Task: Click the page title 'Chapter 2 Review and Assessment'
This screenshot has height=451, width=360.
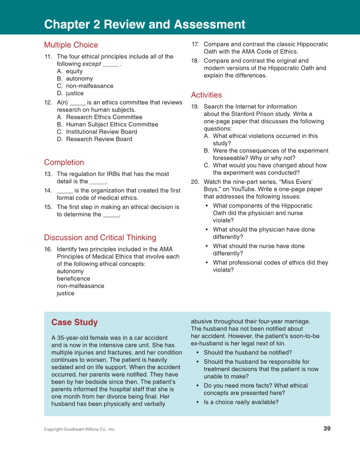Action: click(144, 24)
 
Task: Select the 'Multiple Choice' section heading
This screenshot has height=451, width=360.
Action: click(71, 45)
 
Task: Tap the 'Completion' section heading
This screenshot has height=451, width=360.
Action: click(64, 162)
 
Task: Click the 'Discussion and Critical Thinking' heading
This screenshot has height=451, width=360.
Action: click(100, 238)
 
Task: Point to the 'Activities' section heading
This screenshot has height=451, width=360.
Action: click(206, 95)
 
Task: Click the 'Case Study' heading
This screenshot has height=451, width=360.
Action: click(75, 322)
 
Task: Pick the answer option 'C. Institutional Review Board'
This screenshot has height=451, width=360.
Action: click(97, 132)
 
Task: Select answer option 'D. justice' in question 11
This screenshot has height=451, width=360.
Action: click(70, 93)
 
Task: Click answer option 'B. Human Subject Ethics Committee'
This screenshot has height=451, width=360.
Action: click(107, 124)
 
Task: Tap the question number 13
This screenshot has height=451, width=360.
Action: click(48, 174)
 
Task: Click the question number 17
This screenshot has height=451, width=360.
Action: click(195, 45)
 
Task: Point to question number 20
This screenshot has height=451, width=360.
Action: click(195, 182)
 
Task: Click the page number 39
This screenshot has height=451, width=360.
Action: click(326, 429)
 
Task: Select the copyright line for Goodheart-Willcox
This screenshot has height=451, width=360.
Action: click(79, 429)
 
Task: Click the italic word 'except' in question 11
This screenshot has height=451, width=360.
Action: click(91, 64)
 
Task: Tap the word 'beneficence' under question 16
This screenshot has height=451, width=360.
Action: click(73, 279)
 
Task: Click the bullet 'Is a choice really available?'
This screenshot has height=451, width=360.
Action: click(241, 402)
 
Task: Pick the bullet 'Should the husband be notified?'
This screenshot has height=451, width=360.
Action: click(247, 353)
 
